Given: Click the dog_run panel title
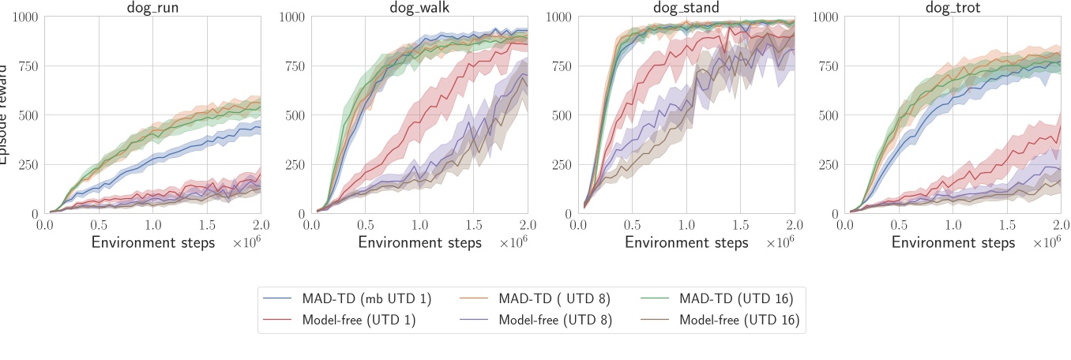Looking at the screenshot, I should pyautogui.click(x=152, y=8).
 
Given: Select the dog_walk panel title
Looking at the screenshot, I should pyautogui.click(x=419, y=8).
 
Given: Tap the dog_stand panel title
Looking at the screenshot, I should pyautogui.click(x=686, y=8).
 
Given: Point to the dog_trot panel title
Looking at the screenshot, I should pyautogui.click(x=953, y=8).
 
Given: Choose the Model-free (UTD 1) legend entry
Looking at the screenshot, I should pyautogui.click(x=359, y=320).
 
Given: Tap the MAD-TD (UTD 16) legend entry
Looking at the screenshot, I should pyautogui.click(x=736, y=299).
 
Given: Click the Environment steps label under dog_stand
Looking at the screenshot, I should pyautogui.click(x=686, y=242).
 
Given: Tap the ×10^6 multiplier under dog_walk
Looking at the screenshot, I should pyautogui.click(x=513, y=243).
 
